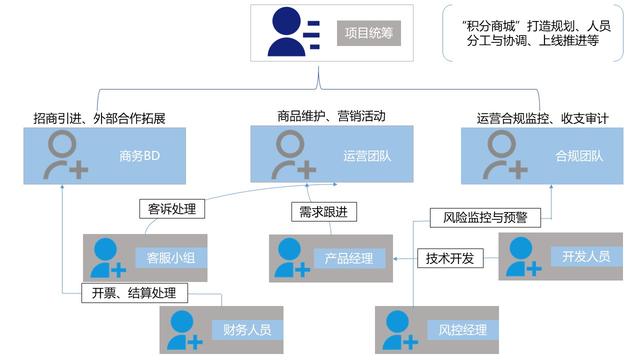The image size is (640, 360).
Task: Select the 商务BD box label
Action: click(x=136, y=156)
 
